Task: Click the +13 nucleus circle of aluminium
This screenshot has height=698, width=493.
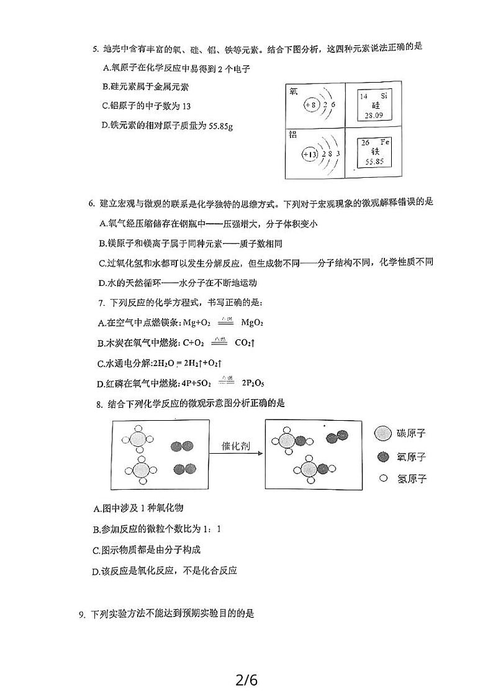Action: [x=309, y=154]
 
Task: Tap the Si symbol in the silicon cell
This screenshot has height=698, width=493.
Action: [x=383, y=96]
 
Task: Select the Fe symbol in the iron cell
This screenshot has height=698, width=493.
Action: [x=384, y=142]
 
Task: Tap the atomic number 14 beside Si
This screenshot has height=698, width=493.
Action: [x=364, y=96]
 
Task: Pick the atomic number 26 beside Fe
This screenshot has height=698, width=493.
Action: [x=365, y=142]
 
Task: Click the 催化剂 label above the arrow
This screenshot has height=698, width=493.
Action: [x=236, y=446]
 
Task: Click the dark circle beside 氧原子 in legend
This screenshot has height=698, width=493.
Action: [x=383, y=457]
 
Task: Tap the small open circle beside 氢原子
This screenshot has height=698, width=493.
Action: [x=383, y=479]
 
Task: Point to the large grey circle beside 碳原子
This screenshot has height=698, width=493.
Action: [x=383, y=433]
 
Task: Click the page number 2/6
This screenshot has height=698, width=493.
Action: [x=246, y=680]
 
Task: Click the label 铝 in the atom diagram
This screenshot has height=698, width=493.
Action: [x=293, y=134]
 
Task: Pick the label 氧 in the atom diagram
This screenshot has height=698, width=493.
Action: [x=293, y=91]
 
